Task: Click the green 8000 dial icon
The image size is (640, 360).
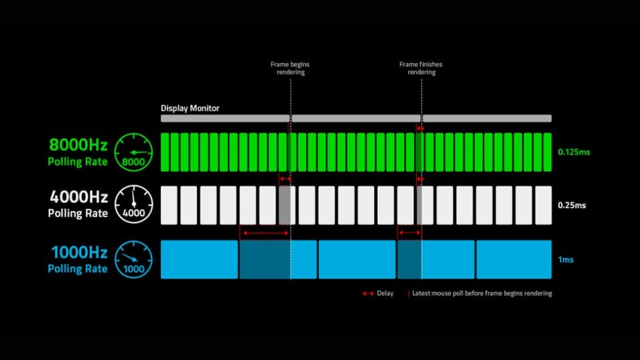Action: (x=133, y=152)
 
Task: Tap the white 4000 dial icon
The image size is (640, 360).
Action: (x=133, y=205)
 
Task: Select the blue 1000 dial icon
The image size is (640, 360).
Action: (x=133, y=259)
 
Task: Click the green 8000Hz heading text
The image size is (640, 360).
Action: (x=78, y=144)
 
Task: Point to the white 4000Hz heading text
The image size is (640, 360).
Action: (x=78, y=198)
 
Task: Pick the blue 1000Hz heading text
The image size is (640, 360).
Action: (x=78, y=253)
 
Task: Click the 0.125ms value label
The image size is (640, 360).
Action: (x=574, y=152)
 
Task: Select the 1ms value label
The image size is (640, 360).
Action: (x=566, y=259)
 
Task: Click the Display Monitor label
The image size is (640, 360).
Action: (x=190, y=108)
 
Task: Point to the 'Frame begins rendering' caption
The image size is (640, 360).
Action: (x=290, y=68)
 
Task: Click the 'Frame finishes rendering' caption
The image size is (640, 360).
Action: (x=421, y=68)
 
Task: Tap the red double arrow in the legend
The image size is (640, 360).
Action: (x=368, y=294)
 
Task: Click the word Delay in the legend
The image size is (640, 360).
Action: (x=385, y=294)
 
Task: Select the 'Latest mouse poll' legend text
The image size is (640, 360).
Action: (x=482, y=294)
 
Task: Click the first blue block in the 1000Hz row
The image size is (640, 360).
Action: (x=199, y=259)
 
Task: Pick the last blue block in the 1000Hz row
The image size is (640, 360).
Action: (x=513, y=259)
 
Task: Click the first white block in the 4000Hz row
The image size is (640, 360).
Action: (x=169, y=205)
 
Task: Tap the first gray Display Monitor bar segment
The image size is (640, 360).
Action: (x=225, y=118)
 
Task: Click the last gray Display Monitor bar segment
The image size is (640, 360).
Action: (x=487, y=118)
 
